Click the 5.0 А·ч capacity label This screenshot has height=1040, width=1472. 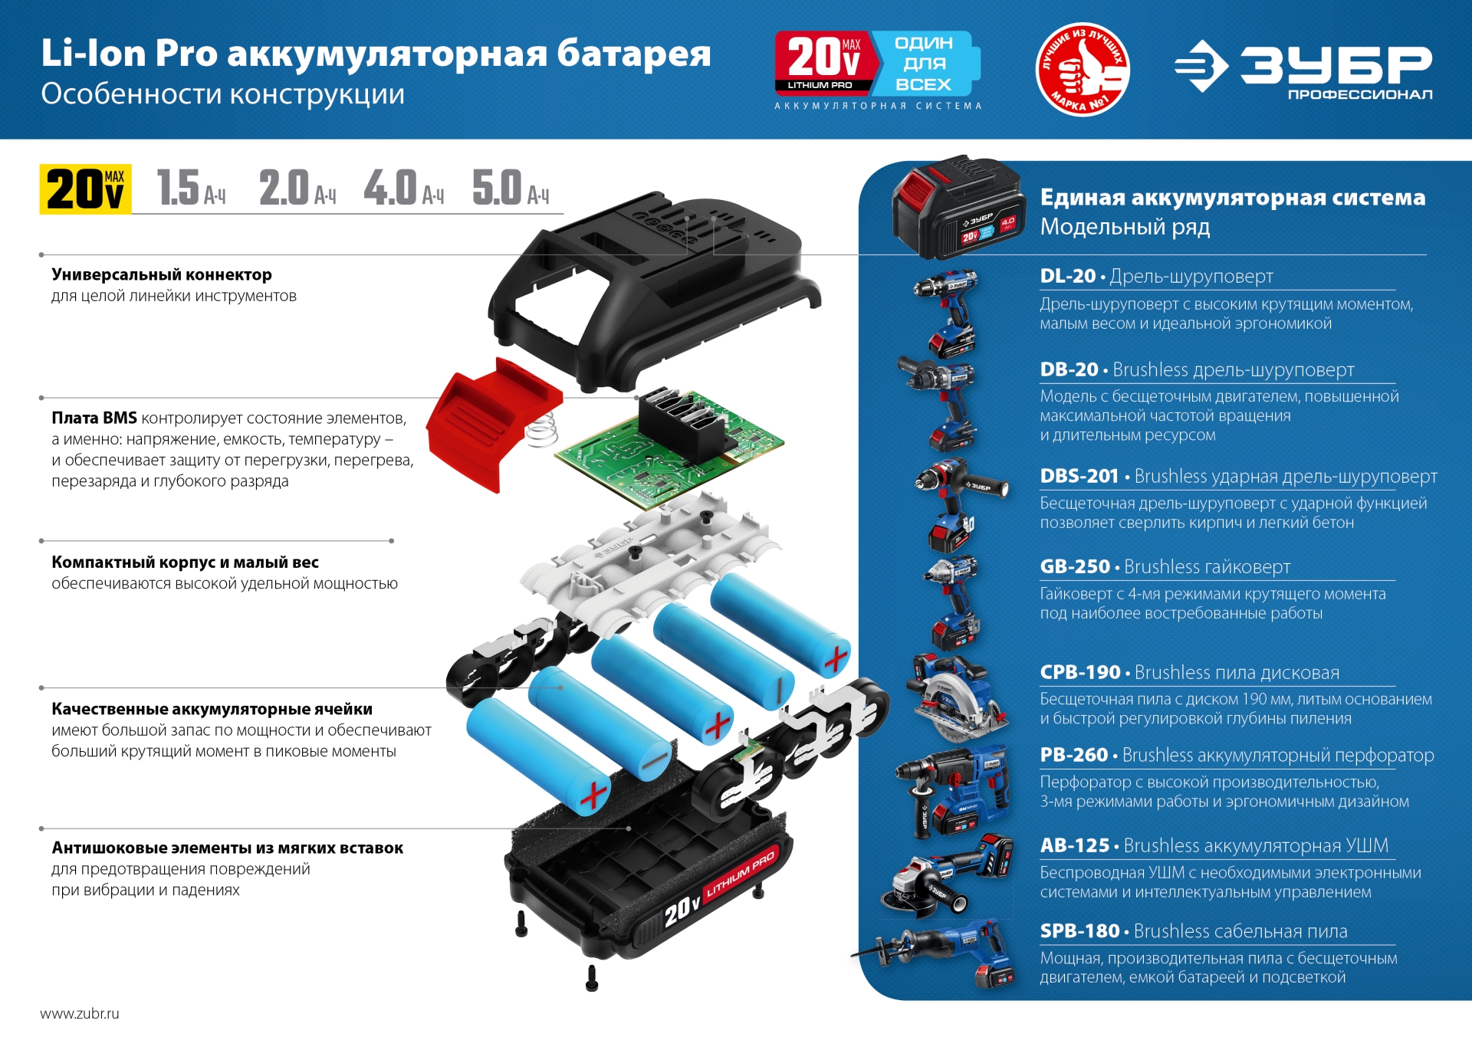click(510, 189)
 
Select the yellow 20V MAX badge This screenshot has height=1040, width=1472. click(85, 189)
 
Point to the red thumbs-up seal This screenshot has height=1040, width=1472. click(1082, 69)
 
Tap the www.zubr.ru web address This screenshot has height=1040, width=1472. click(80, 1013)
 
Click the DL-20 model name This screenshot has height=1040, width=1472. click(1067, 276)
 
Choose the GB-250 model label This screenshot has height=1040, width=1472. click(1074, 566)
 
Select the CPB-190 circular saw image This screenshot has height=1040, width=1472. click(955, 697)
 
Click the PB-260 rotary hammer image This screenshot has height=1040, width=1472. click(951, 789)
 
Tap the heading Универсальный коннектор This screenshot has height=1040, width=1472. click(162, 274)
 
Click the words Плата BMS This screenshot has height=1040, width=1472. click(94, 418)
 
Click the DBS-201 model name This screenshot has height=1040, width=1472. click(1079, 476)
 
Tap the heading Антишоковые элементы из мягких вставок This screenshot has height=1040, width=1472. click(227, 848)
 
